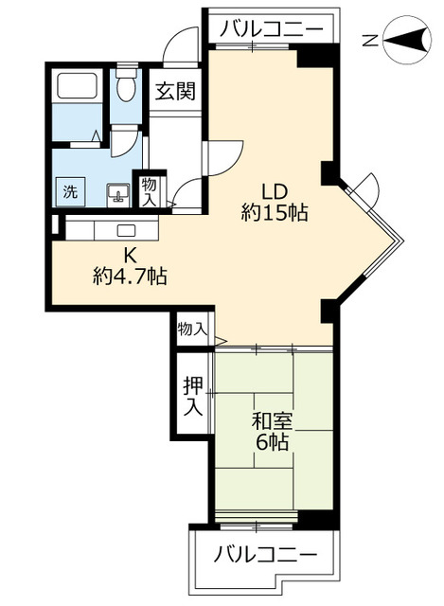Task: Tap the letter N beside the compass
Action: [373, 40]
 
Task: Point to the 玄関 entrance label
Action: [175, 92]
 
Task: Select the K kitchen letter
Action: [131, 254]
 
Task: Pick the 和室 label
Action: [271, 417]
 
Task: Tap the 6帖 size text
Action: [271, 441]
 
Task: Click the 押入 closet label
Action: [192, 397]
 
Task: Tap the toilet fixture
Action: [125, 88]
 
